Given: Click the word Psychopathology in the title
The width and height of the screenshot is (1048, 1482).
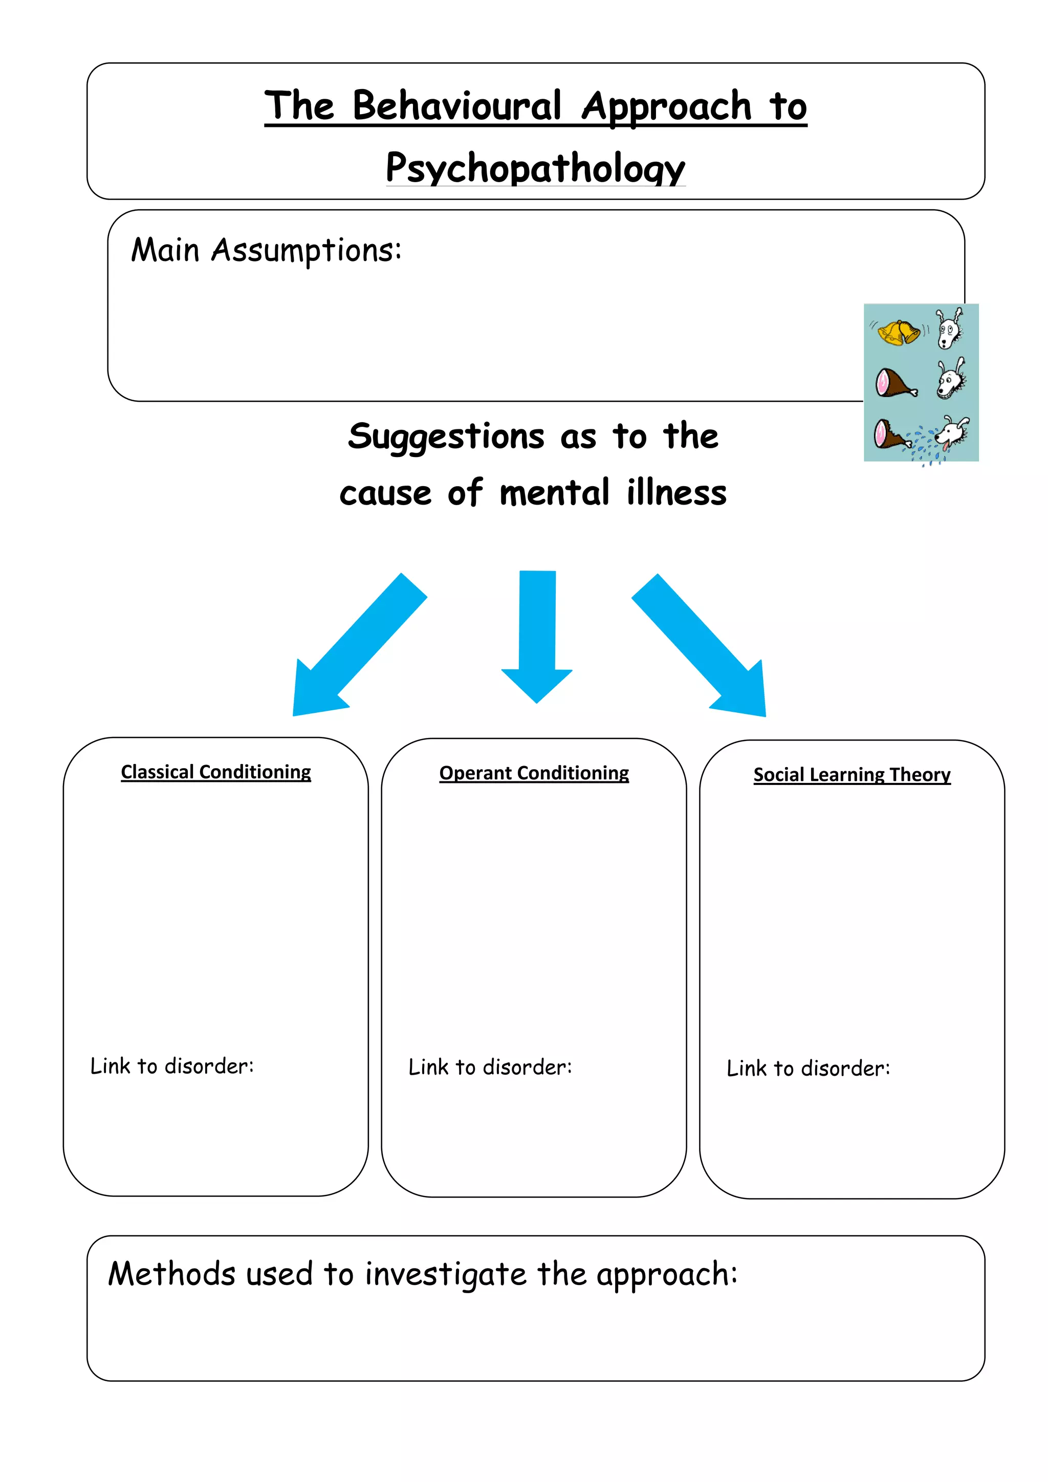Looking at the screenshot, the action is tap(535, 168).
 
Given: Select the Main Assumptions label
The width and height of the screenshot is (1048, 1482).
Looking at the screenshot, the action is tap(266, 250).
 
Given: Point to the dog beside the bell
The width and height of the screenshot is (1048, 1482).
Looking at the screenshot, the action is tap(949, 329).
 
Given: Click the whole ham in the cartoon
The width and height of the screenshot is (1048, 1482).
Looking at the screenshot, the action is tap(895, 383).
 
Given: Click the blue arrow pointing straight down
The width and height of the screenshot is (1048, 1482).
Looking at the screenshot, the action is tap(537, 636).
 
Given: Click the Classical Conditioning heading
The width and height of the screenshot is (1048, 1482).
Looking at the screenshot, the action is tap(215, 772).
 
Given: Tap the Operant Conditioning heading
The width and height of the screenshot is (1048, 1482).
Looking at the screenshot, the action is tap(534, 773).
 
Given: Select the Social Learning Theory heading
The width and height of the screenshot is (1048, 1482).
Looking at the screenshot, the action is tap(852, 775).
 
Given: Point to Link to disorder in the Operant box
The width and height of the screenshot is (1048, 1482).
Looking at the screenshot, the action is tap(490, 1067).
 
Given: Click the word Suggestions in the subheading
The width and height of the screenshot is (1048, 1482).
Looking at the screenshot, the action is tap(446, 437).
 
